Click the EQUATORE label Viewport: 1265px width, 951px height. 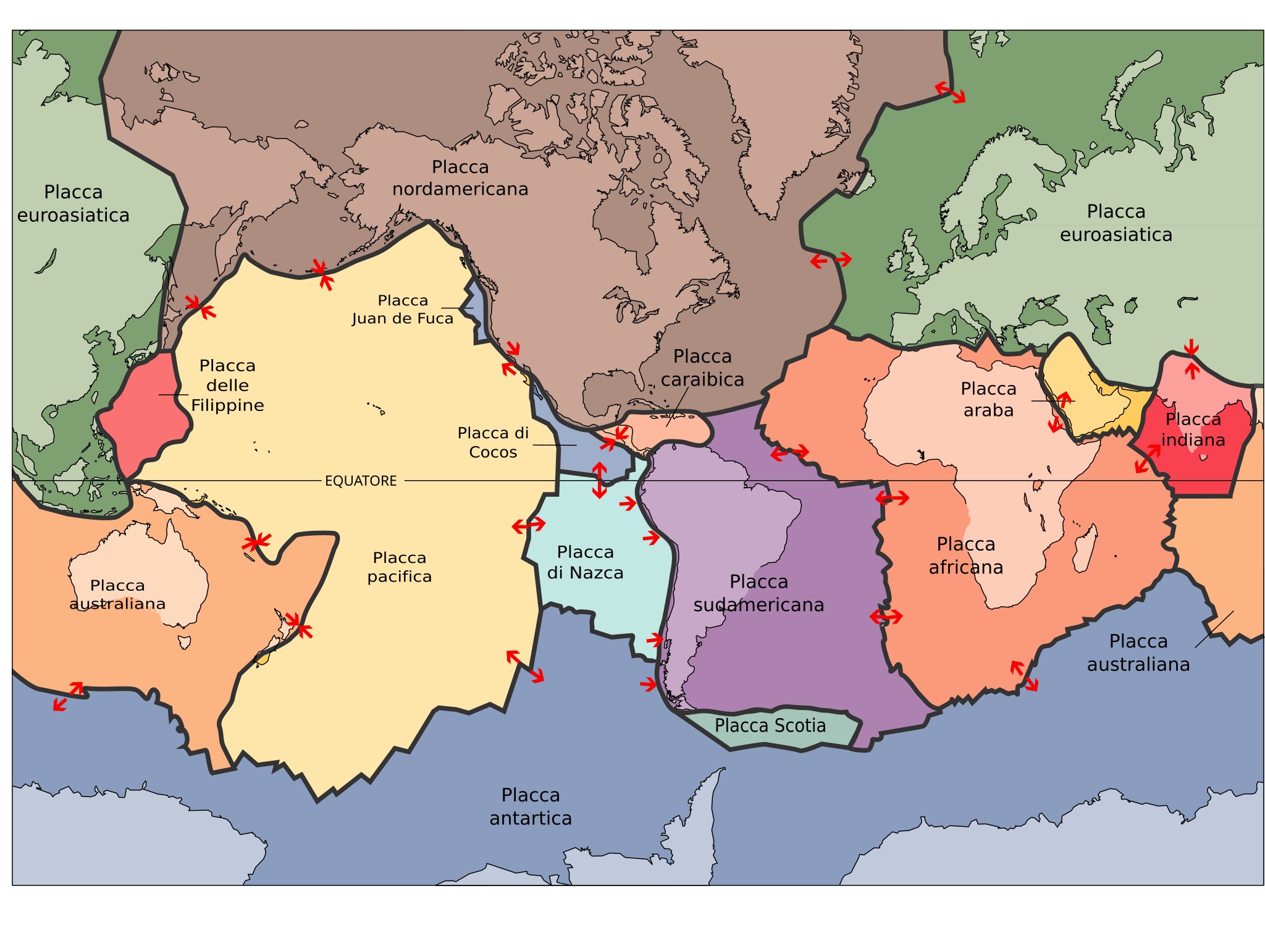361,481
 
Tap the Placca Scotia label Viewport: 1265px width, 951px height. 770,725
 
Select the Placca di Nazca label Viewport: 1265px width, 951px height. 585,562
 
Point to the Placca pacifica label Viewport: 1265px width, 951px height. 399,567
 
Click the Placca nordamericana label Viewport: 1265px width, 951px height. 460,178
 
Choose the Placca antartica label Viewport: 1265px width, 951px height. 531,806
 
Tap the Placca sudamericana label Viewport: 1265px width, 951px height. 759,593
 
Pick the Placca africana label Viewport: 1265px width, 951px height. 966,556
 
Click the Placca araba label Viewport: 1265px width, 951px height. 988,399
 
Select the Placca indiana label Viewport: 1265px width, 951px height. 1193,429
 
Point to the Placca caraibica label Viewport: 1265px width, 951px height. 702,368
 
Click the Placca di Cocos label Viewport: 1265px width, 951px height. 493,442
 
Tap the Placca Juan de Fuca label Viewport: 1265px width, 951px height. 403,309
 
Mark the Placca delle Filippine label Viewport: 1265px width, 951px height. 227,386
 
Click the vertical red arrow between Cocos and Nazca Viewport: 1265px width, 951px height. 599,480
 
